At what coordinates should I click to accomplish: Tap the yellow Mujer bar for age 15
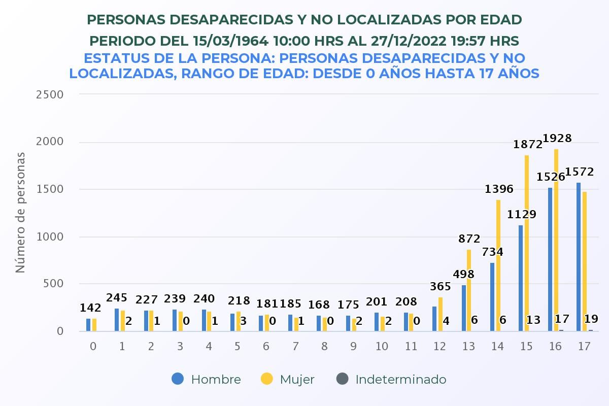pyautogui.click(x=527, y=243)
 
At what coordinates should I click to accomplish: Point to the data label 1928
pyautogui.click(x=557, y=138)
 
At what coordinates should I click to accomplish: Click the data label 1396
pyautogui.click(x=499, y=189)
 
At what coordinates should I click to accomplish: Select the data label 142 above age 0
pyautogui.click(x=91, y=308)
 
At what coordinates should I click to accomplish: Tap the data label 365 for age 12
pyautogui.click(x=440, y=287)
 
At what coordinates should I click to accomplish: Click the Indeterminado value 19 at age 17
pyautogui.click(x=591, y=319)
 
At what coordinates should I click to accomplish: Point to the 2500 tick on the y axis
pyautogui.click(x=50, y=94)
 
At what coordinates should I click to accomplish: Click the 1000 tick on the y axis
pyautogui.click(x=50, y=236)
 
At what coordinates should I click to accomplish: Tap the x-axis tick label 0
pyautogui.click(x=93, y=347)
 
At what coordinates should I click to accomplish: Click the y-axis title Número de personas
pyautogui.click(x=20, y=212)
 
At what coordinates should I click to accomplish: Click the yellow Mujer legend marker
pyautogui.click(x=266, y=379)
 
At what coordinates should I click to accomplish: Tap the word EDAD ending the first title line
pyautogui.click(x=498, y=20)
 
